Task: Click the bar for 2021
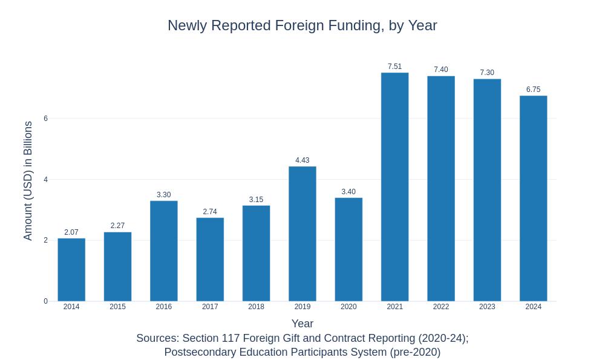pos(394,187)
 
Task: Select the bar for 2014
pos(71,270)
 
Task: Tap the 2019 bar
pos(302,234)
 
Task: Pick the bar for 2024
pos(533,198)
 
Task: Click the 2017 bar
pos(210,260)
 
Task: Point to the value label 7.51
pos(394,67)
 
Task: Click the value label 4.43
pos(302,160)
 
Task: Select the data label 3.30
pos(164,195)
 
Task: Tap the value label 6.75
pos(533,90)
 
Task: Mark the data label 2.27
pos(117,226)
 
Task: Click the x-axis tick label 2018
pos(256,307)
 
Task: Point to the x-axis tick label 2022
pos(441,307)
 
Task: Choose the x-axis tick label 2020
pos(348,307)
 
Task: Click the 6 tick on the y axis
pos(45,119)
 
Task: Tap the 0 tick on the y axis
pos(45,301)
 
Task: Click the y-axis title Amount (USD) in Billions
pos(28,180)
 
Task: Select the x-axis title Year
pos(302,324)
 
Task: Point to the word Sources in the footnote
pos(157,338)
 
